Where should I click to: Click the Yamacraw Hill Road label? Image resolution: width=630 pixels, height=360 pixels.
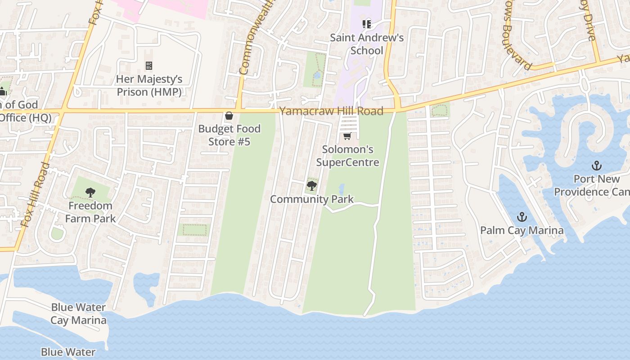[x=331, y=111]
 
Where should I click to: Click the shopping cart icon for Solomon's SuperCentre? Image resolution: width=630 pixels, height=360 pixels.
[x=347, y=136]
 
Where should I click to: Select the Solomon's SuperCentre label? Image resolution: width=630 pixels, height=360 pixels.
[x=347, y=156]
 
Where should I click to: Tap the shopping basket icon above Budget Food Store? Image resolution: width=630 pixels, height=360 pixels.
[x=229, y=116]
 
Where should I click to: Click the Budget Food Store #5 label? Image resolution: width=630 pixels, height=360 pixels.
[x=229, y=135]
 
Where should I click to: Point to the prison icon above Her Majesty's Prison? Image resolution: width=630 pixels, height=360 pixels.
[x=149, y=66]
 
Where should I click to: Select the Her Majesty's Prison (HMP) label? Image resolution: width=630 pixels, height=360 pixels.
[x=149, y=85]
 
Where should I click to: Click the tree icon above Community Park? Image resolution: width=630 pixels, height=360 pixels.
[x=311, y=185]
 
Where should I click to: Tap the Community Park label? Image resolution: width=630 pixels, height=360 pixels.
[x=312, y=199]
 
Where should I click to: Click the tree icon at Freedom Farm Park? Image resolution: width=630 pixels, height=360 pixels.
[x=90, y=193]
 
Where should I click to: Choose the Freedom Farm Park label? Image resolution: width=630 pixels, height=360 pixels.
[x=90, y=212]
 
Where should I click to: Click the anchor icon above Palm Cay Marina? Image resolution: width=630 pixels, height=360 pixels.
[x=522, y=217]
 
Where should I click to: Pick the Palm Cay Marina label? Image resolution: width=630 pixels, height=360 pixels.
[x=522, y=230]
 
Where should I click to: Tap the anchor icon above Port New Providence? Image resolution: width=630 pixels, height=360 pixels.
[x=597, y=166]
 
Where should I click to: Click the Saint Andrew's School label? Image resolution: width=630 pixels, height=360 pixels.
[x=367, y=44]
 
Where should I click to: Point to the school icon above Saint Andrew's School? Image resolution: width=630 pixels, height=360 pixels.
[x=367, y=24]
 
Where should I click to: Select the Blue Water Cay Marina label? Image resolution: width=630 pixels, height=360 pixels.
[x=78, y=314]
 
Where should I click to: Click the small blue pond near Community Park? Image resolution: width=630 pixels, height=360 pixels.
[x=341, y=189]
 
